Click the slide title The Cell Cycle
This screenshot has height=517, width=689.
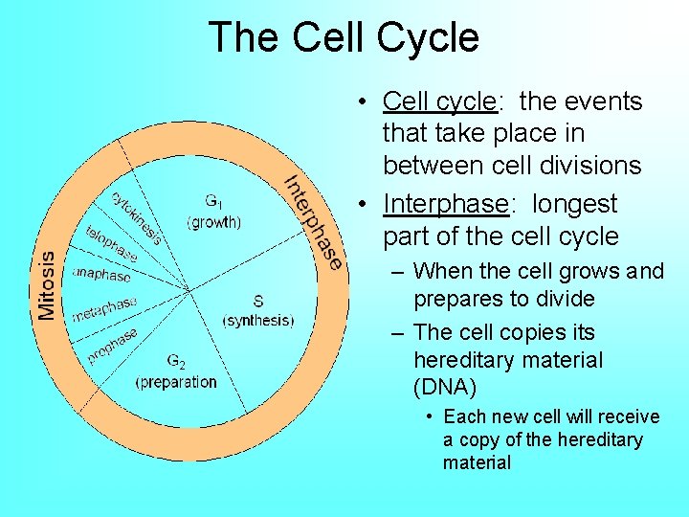tap(344, 37)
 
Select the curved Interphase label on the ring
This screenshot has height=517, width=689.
tap(313, 222)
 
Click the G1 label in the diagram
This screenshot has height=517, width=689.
tap(214, 202)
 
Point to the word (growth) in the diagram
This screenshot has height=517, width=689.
tap(214, 222)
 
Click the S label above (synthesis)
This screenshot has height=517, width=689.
tap(257, 301)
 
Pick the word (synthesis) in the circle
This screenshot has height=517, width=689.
tap(257, 321)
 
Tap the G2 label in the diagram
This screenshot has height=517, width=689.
tap(176, 362)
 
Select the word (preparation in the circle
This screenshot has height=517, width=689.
tap(176, 382)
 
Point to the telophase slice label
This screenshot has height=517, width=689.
tap(111, 244)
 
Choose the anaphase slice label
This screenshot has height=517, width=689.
tap(101, 275)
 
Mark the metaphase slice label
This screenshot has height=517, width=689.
tap(104, 308)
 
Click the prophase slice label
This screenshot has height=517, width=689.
tap(113, 345)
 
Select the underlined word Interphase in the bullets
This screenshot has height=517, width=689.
tap(444, 204)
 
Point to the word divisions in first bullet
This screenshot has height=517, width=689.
tap(589, 166)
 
